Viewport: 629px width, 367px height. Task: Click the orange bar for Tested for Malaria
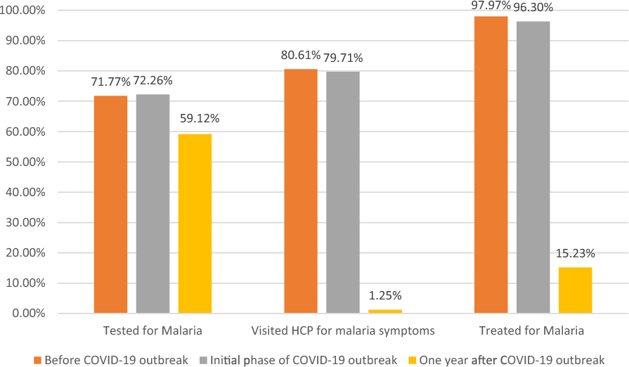110,204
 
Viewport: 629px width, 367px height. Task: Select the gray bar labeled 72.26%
153,203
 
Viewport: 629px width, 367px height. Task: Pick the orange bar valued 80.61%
301,191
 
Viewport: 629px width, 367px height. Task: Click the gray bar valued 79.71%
343,192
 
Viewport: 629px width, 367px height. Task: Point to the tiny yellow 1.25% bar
385,311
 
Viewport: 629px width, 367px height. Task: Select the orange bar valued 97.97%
491,165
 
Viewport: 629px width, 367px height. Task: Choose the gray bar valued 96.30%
533,167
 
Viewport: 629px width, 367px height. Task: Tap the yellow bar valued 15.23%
576,290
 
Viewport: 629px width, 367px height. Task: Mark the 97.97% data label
491,6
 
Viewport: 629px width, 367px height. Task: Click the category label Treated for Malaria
531,330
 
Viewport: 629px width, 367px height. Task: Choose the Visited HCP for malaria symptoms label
344,330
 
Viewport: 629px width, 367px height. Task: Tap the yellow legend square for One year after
413,360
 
